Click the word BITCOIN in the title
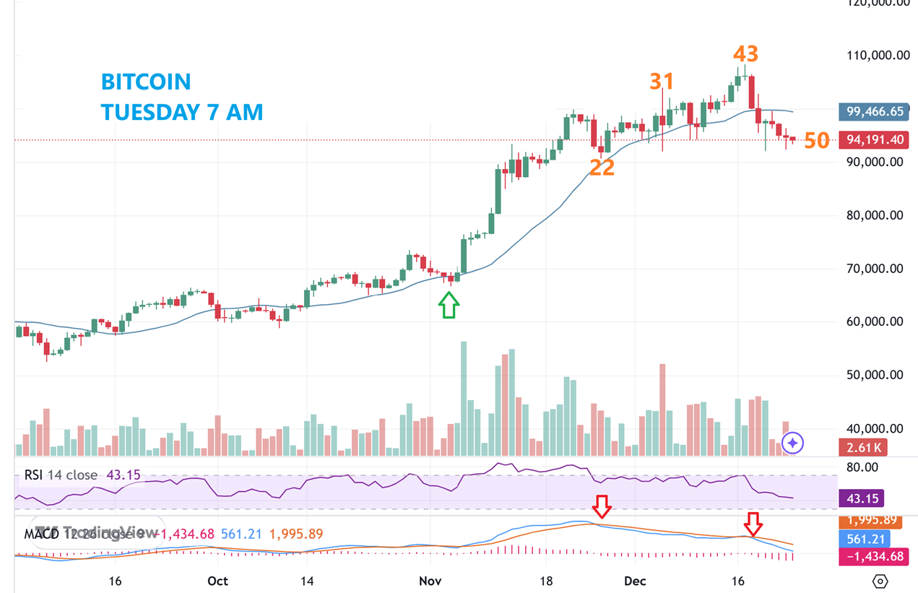click(x=146, y=82)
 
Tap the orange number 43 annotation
click(x=745, y=54)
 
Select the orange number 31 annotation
click(x=661, y=81)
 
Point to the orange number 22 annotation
click(x=602, y=168)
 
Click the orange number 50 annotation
click(x=817, y=141)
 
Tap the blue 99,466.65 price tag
click(x=875, y=111)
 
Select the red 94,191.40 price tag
click(x=875, y=140)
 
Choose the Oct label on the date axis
click(x=217, y=581)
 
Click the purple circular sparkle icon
click(x=792, y=442)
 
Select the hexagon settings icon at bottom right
click(x=880, y=581)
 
